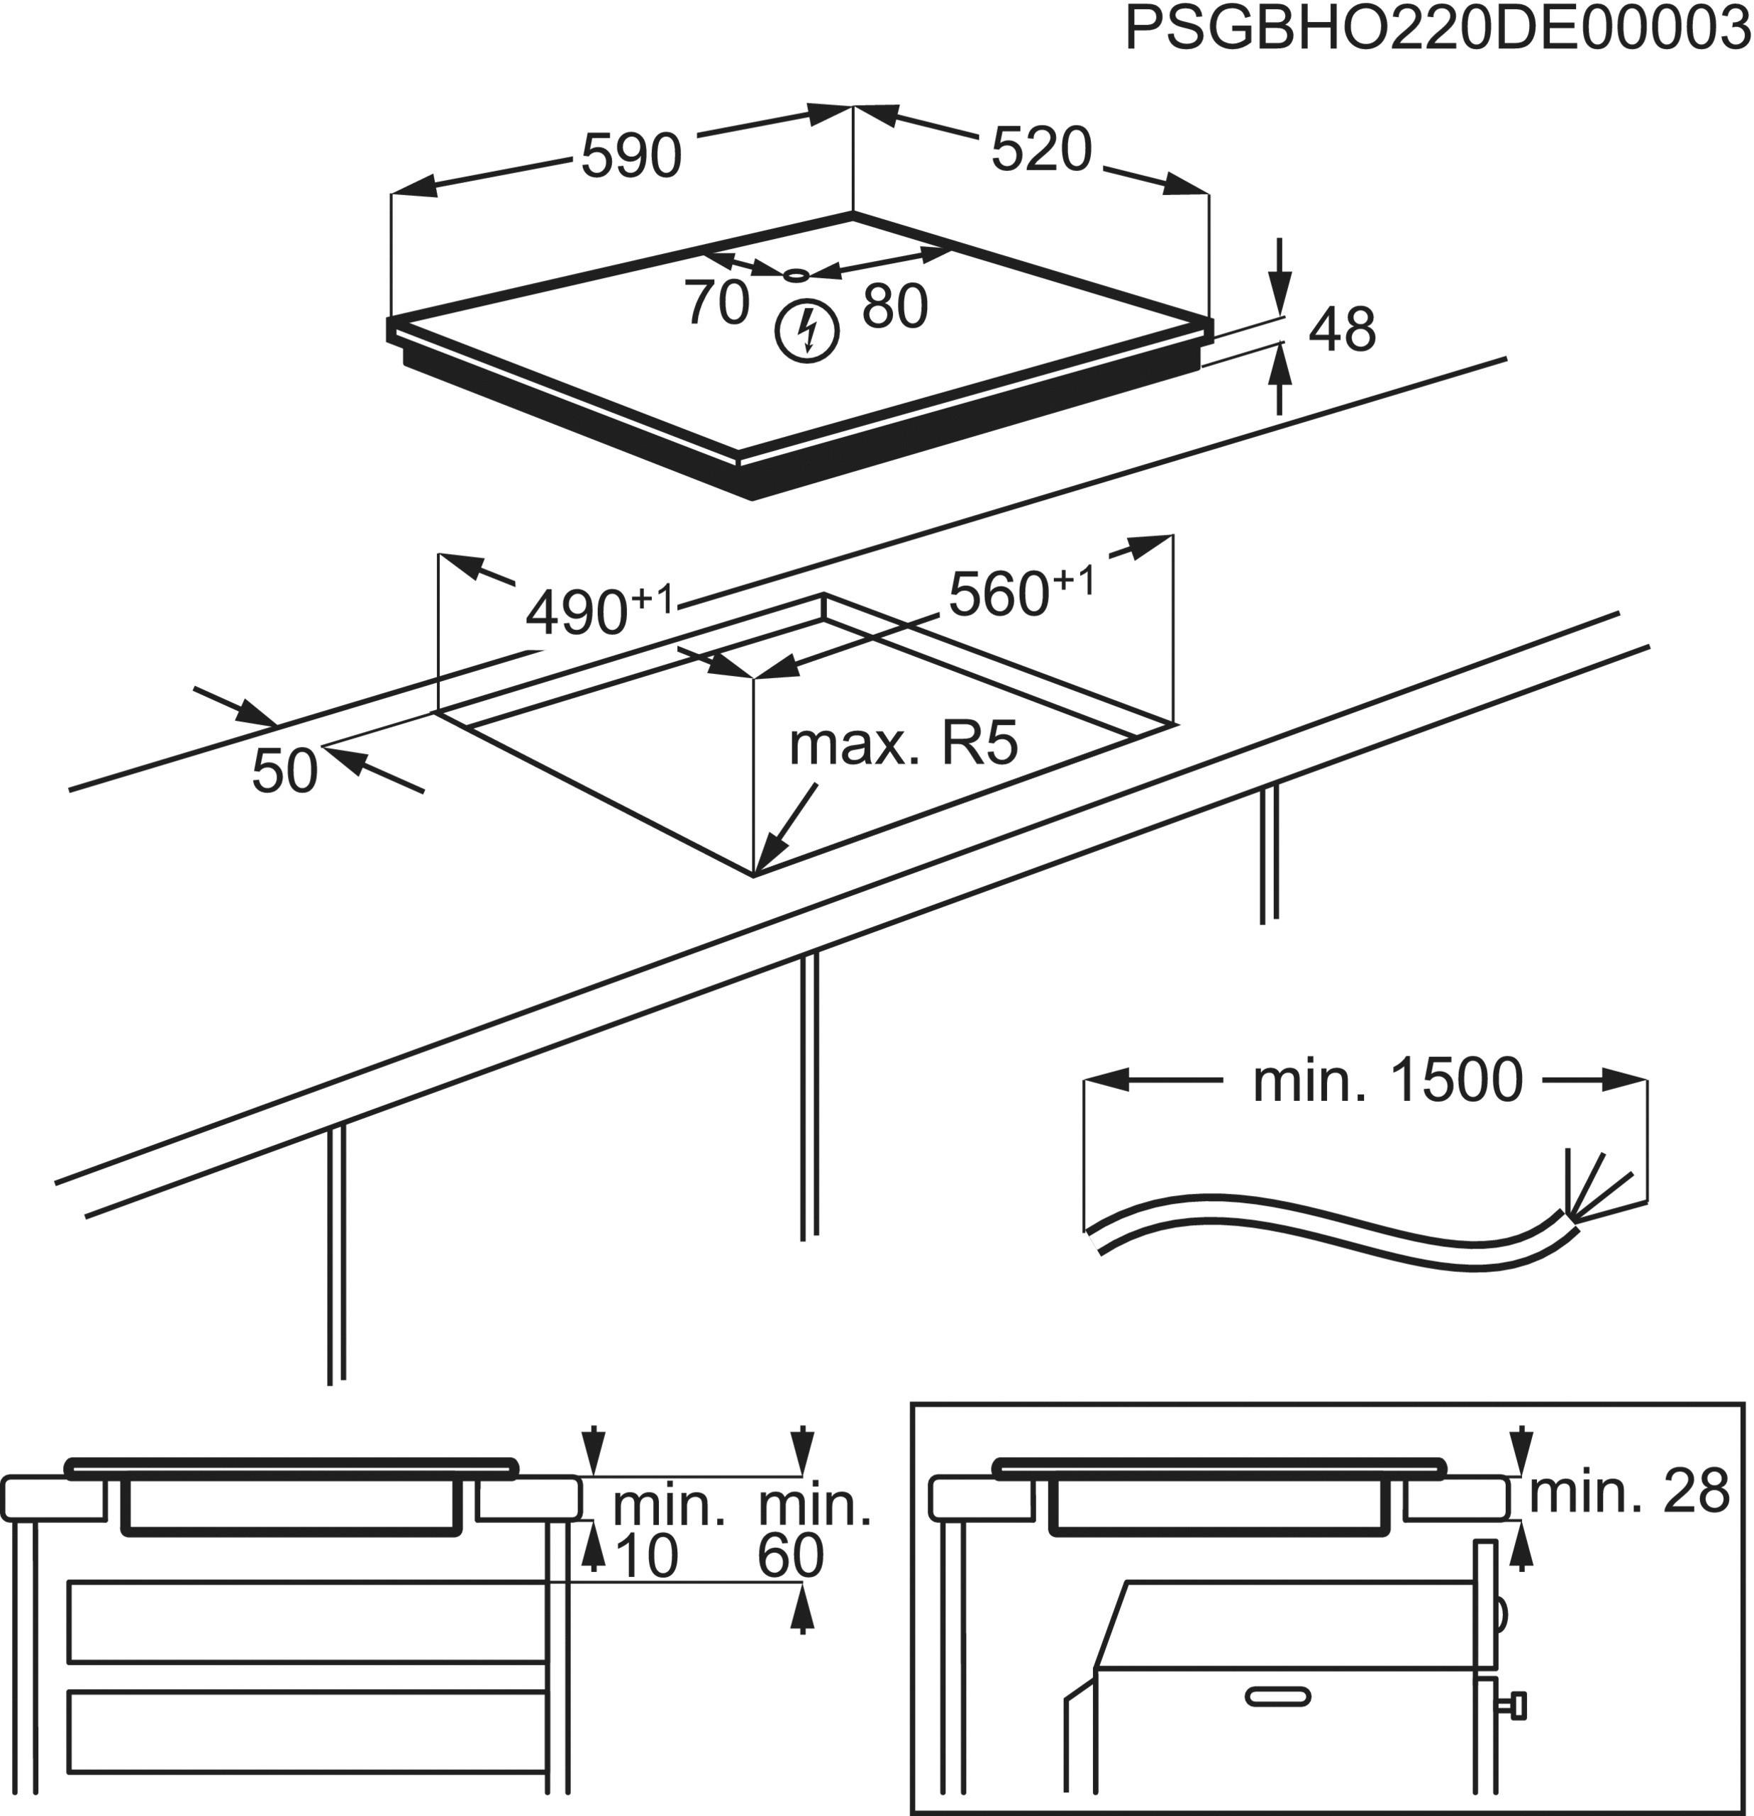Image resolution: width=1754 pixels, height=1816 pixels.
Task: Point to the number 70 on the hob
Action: pos(717,303)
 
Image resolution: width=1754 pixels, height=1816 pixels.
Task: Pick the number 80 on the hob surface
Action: pos(894,306)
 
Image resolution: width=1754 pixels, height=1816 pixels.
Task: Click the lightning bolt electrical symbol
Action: pos(807,332)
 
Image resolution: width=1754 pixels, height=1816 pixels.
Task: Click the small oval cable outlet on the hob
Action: pos(796,275)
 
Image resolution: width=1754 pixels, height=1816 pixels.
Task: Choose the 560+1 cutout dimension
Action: pos(1020,592)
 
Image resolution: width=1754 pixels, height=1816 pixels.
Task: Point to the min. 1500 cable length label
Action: pos(1387,1080)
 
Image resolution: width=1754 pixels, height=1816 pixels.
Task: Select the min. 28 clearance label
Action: pos(1628,1493)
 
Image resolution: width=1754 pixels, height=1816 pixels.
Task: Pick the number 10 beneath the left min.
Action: pos(646,1556)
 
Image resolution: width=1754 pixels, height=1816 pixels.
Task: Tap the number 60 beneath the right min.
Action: pos(790,1556)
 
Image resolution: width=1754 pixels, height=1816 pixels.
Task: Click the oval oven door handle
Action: pos(1278,1697)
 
